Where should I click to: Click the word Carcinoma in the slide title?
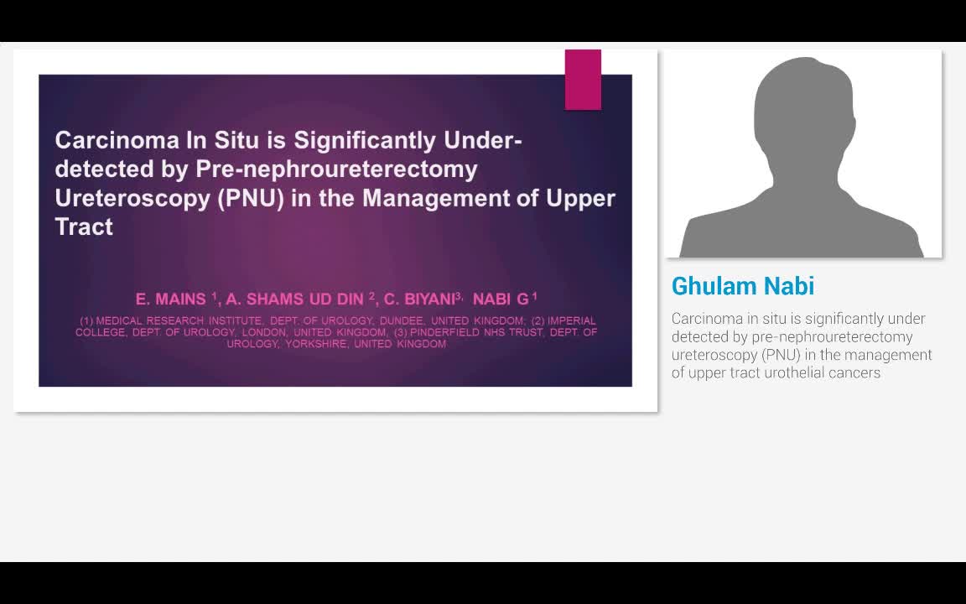117,141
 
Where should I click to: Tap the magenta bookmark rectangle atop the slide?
583,80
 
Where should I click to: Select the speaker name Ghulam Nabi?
742,286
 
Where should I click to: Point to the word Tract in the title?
84,226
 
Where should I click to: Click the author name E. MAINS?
171,299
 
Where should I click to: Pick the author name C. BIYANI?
419,299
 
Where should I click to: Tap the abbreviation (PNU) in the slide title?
251,199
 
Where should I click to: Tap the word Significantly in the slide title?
365,141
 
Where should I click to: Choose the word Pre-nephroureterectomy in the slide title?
336,169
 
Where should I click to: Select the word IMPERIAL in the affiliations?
572,320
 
